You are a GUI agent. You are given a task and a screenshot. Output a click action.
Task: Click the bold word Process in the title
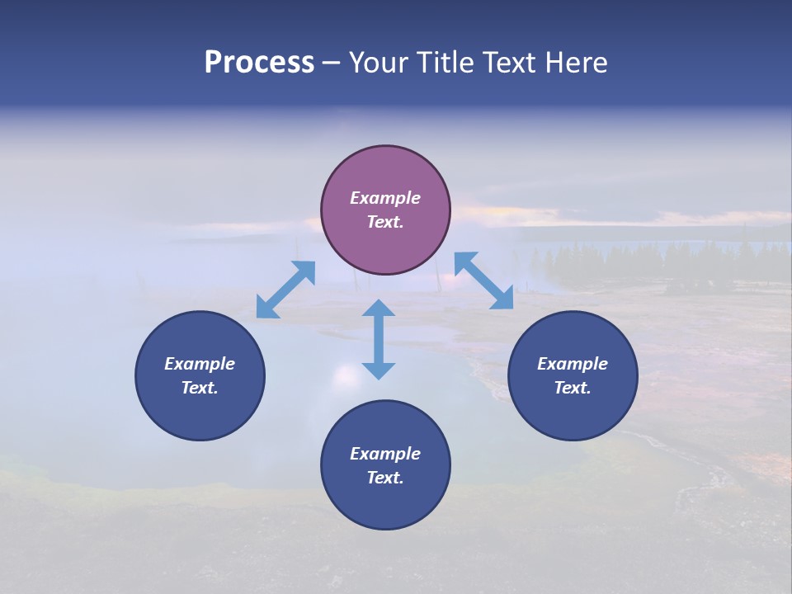pyautogui.click(x=259, y=62)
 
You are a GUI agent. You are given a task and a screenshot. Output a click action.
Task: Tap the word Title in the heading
pyautogui.click(x=446, y=62)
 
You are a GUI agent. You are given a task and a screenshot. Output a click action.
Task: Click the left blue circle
pyautogui.click(x=200, y=375)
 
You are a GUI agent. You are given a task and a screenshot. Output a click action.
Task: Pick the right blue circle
pyautogui.click(x=573, y=375)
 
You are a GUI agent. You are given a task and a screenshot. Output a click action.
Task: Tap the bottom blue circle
pyautogui.click(x=385, y=464)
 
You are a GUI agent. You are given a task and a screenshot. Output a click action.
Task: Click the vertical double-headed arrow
pyautogui.click(x=379, y=339)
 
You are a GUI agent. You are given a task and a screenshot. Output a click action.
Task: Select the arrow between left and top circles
pyautogui.click(x=285, y=290)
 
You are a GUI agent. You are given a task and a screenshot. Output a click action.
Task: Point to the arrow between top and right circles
pyautogui.click(x=483, y=280)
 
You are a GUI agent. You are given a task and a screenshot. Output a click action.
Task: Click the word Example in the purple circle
pyautogui.click(x=385, y=198)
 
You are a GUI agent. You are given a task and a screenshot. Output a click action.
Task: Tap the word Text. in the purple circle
pyautogui.click(x=385, y=222)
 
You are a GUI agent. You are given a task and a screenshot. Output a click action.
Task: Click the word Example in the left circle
pyautogui.click(x=200, y=364)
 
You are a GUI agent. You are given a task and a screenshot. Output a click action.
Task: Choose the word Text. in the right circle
pyautogui.click(x=573, y=388)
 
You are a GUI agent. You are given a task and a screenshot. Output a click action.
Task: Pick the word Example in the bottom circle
pyautogui.click(x=385, y=454)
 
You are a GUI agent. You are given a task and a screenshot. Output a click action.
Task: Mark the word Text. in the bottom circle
pyautogui.click(x=385, y=478)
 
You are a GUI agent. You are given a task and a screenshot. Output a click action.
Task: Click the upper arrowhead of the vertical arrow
pyautogui.click(x=379, y=309)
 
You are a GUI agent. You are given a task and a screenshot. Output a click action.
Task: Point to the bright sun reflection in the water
pyautogui.click(x=346, y=375)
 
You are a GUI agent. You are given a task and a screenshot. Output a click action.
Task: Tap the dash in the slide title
pyautogui.click(x=331, y=63)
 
